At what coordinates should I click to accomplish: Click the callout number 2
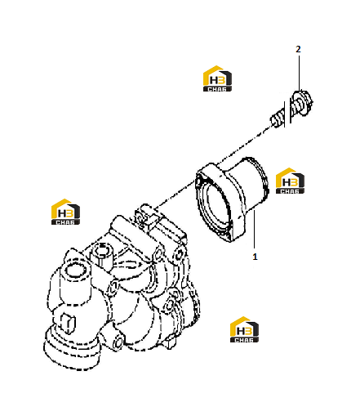coord(298,49)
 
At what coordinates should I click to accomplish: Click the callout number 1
coord(255,257)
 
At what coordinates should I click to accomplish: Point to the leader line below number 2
coord(299,73)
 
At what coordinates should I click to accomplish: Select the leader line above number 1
coord(254,230)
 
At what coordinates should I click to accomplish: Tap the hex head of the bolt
coord(301,104)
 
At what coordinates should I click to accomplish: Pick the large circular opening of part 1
coord(214,206)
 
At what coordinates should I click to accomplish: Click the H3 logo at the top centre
coord(217,78)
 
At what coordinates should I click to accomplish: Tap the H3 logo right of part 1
coord(290,181)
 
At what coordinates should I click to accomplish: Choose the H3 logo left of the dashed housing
coord(65,212)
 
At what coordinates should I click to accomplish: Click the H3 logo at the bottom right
coord(244,329)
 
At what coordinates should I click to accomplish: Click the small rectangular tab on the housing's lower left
coord(68,324)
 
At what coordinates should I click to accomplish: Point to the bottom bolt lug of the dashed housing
coord(118,342)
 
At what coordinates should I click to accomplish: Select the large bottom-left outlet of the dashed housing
coord(72,351)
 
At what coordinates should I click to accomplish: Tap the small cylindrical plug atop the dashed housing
coord(102,254)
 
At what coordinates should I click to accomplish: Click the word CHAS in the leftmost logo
coord(65,222)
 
